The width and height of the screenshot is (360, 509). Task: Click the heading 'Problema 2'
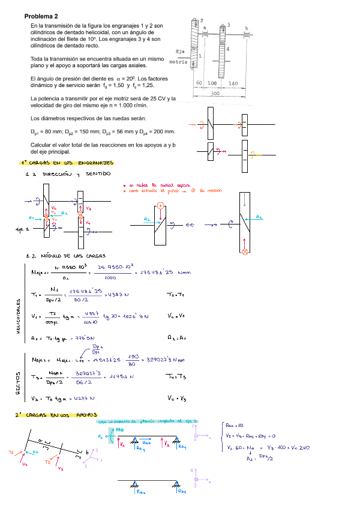[41, 16]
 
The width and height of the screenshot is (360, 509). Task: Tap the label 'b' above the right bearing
[247, 28]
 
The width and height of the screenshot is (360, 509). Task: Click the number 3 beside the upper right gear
[228, 25]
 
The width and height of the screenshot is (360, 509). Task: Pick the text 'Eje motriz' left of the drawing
[179, 56]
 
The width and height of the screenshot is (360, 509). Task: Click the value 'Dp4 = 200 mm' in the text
[155, 131]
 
